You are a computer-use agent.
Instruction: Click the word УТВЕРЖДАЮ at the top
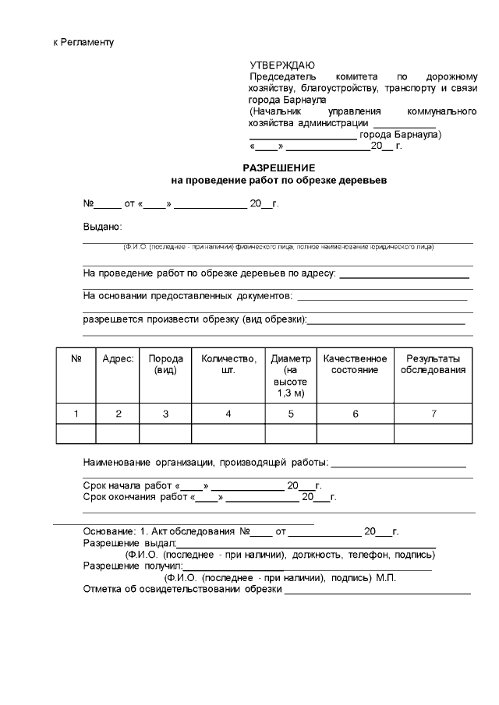[x=282, y=65]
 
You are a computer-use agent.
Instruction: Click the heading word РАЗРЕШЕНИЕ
[x=278, y=167]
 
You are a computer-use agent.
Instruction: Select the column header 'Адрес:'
[x=118, y=358]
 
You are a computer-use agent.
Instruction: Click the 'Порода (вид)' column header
[x=165, y=364]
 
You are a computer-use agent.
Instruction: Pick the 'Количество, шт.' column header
[x=228, y=364]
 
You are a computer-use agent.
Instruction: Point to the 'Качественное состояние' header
[x=355, y=364]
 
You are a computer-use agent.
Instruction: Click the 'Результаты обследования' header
[x=433, y=364]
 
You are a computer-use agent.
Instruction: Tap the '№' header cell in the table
[x=76, y=358]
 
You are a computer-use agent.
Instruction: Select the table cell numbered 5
[x=291, y=414]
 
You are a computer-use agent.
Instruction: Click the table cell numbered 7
[x=433, y=414]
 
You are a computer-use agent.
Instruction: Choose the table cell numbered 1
[x=76, y=414]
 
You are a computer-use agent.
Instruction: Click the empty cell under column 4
[x=228, y=433]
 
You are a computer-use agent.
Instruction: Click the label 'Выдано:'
[x=103, y=227]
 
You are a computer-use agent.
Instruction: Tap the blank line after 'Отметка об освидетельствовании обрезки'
[x=377, y=589]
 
